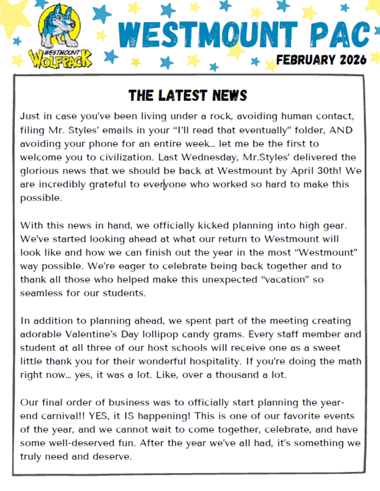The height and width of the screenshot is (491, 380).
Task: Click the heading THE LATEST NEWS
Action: [188, 96]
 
